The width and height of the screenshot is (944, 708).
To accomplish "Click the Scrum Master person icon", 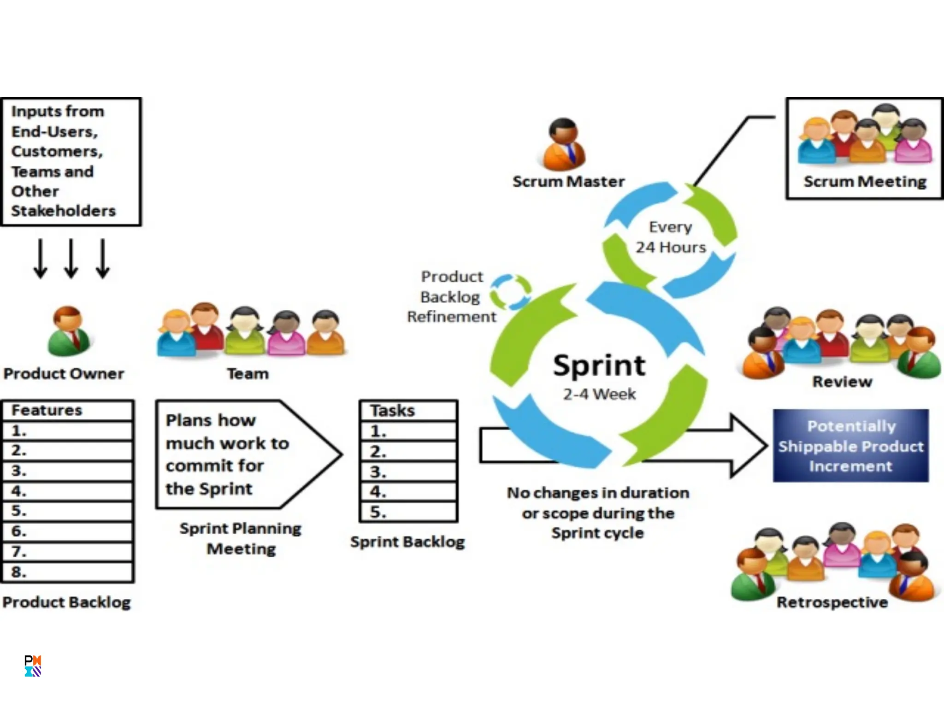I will (563, 144).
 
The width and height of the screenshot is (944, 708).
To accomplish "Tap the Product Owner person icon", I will (69, 332).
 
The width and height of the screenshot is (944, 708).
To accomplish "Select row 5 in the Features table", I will (68, 511).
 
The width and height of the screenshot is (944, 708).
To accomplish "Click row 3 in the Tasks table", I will (408, 472).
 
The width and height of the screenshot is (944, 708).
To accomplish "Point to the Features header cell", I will (68, 410).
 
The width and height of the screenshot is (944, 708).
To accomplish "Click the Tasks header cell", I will (408, 410).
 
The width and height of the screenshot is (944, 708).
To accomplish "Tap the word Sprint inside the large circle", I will (599, 366).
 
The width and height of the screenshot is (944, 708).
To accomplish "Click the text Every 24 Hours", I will (671, 237).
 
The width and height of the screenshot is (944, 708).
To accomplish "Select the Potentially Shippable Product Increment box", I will (850, 446).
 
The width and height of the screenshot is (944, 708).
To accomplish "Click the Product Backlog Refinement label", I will (452, 296).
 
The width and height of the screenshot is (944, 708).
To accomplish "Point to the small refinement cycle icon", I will (510, 292).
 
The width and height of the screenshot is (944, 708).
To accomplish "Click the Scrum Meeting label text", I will (865, 182).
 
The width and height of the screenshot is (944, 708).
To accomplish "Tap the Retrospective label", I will (832, 602).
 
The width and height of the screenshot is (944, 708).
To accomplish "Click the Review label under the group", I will (842, 382).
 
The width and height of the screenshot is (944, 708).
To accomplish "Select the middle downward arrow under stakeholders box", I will (71, 258).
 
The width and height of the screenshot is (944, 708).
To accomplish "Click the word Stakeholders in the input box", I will (64, 211).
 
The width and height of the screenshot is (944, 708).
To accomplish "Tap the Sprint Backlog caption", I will (407, 542).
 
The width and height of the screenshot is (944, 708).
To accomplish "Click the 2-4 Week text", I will (599, 394).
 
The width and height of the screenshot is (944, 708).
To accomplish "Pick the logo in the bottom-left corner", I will (33, 666).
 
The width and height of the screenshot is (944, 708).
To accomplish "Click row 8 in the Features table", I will (68, 572).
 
